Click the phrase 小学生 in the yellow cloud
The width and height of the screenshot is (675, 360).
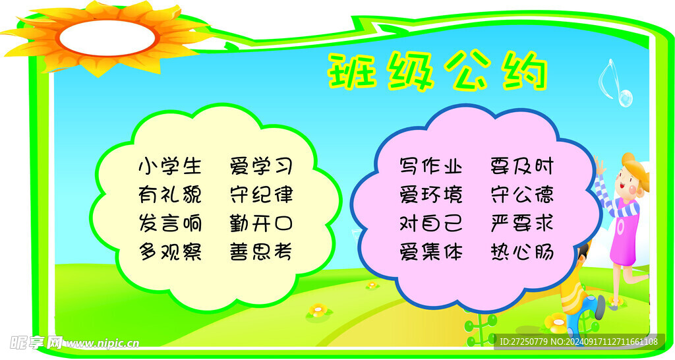click(x=170, y=166)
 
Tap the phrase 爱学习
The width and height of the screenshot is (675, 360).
click(x=261, y=166)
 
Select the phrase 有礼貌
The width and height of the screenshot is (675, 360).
click(x=170, y=195)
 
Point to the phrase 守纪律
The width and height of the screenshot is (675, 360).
click(x=261, y=195)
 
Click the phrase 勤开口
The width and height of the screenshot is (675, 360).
click(x=261, y=224)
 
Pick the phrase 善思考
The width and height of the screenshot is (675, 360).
click(x=261, y=252)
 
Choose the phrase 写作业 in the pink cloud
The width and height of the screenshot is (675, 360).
click(x=431, y=166)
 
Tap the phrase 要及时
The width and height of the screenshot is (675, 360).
click(x=522, y=166)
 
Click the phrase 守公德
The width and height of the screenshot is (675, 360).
click(x=522, y=195)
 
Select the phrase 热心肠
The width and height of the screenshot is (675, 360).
click(x=522, y=252)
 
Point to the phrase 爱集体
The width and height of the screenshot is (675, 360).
click(x=431, y=252)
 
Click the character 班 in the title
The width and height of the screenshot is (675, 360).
click(x=352, y=71)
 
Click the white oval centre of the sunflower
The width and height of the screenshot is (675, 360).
click(x=107, y=38)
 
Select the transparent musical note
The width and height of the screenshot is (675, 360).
click(x=616, y=83)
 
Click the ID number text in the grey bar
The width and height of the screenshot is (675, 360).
click(x=579, y=342)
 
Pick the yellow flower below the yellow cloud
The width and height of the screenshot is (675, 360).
click(x=318, y=310)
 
